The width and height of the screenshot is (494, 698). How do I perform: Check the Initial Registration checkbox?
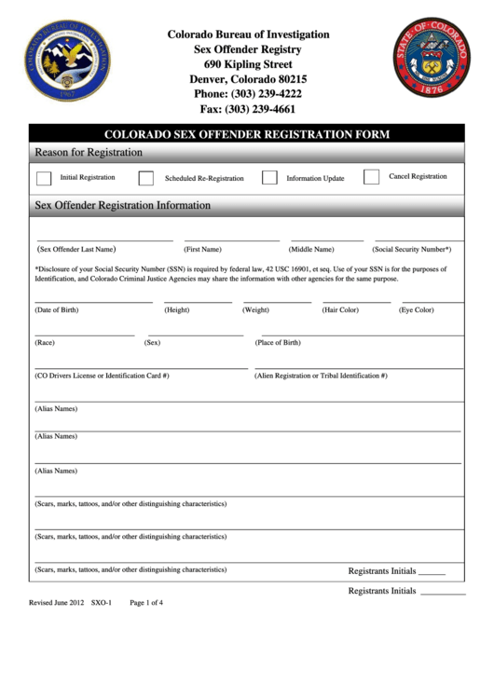tap(44, 178)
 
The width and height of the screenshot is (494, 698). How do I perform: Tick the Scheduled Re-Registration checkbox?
tap(146, 178)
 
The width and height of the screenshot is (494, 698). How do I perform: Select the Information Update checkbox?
tap(269, 178)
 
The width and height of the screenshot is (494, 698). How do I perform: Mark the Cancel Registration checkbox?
tap(371, 177)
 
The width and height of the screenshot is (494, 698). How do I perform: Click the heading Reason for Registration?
tap(89, 152)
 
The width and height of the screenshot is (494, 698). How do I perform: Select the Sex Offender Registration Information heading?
tap(123, 205)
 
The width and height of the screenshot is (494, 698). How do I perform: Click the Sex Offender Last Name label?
tap(75, 250)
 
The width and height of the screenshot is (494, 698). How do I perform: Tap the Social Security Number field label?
tap(412, 250)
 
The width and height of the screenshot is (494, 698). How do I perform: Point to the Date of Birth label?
tap(57, 309)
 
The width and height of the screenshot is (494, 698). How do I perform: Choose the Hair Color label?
tap(340, 309)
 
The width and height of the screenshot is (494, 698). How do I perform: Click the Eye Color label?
tap(417, 309)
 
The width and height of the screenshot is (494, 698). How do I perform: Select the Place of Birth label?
tap(278, 343)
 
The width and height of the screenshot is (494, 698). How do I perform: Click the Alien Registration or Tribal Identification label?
tap(321, 376)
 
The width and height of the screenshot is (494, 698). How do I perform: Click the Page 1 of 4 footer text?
tap(146, 603)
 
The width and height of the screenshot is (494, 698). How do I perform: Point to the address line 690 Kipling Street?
tap(248, 64)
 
